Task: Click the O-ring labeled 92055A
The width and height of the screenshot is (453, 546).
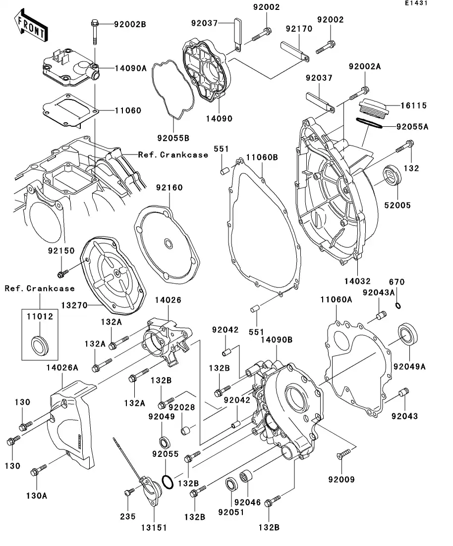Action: click(369, 124)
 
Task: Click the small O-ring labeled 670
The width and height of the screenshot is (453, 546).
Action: click(398, 305)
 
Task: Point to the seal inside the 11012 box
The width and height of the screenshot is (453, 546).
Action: click(40, 344)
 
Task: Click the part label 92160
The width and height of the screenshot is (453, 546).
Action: click(169, 188)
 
